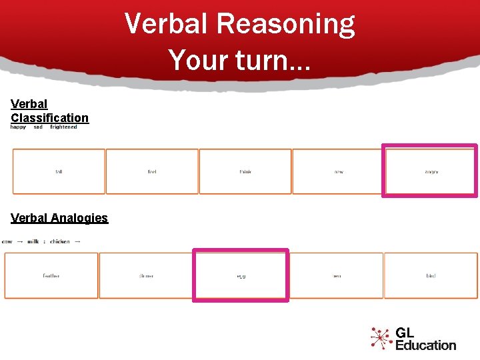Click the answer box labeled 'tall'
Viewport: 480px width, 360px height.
(59, 171)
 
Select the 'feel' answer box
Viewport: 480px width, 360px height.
(152, 171)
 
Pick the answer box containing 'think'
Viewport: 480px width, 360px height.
(245, 171)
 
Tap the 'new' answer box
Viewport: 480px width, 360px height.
(339, 171)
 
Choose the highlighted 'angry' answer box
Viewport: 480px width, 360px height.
(431, 171)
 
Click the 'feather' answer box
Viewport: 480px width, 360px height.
(51, 275)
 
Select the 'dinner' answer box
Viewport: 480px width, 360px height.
(146, 275)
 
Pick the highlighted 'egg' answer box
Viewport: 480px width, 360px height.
(241, 275)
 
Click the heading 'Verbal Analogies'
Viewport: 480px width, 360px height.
(59, 218)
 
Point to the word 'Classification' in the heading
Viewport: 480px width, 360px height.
(49, 118)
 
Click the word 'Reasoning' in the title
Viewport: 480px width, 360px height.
(286, 24)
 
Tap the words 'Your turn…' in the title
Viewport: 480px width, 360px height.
(240, 59)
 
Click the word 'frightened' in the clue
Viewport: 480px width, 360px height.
(63, 127)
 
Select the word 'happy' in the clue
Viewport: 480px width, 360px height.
(18, 127)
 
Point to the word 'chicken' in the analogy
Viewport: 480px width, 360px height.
(60, 241)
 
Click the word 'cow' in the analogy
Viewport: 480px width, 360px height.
(7, 241)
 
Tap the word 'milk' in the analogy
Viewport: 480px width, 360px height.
(33, 241)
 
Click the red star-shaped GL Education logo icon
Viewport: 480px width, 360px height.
(381, 338)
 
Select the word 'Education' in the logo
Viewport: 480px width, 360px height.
(425, 345)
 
